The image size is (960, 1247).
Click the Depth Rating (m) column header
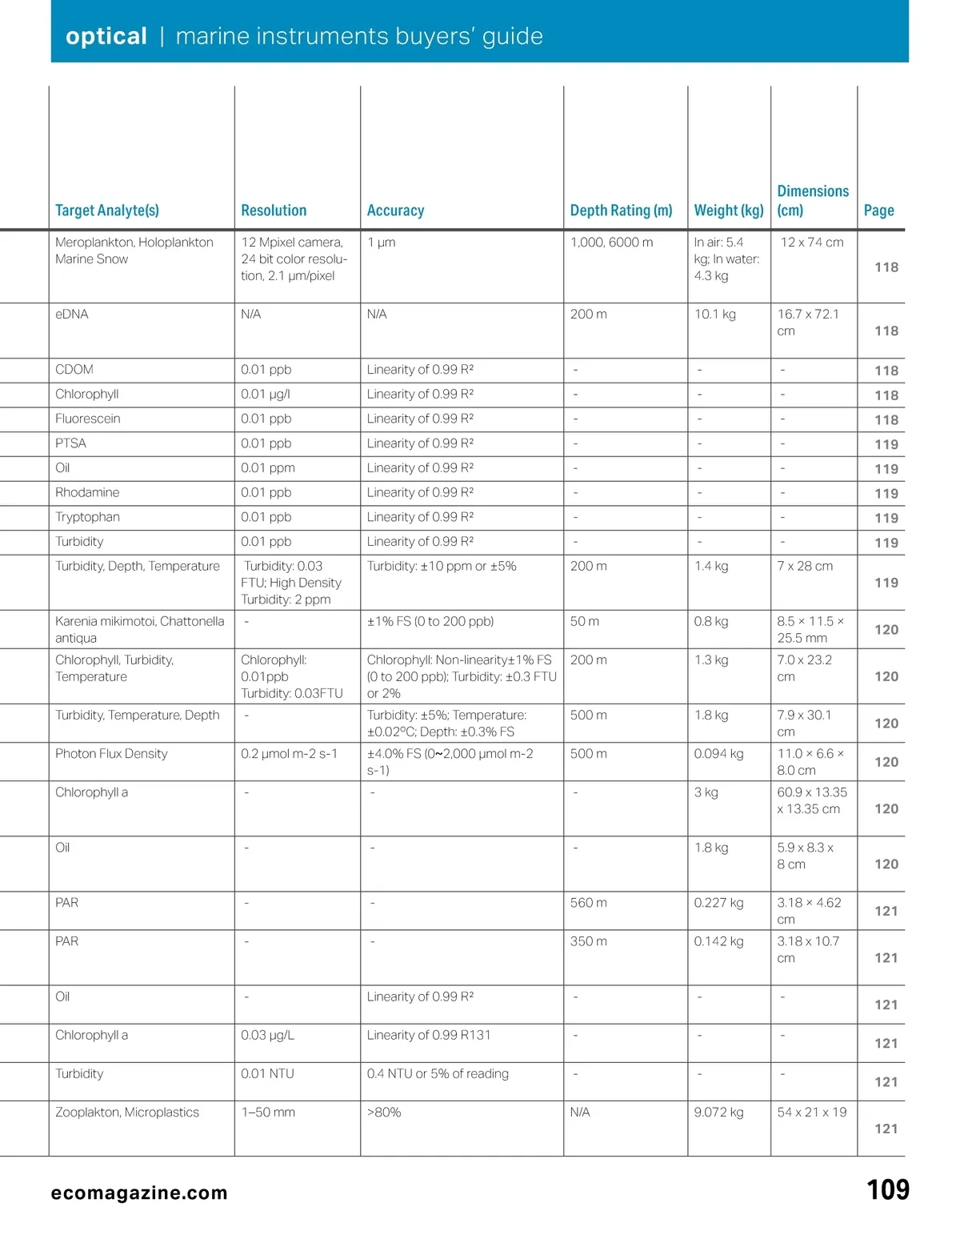point(621,211)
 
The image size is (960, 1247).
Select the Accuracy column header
point(395,211)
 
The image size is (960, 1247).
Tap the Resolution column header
point(274,211)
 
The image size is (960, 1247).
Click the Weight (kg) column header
point(729,211)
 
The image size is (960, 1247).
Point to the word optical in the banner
point(106,36)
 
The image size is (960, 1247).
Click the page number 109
point(888,1190)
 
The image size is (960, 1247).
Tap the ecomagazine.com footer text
point(139,1193)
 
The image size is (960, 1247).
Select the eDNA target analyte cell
point(72,315)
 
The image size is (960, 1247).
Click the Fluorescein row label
point(88,419)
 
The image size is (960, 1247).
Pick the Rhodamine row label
point(87,492)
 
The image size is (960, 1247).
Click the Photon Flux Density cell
point(111,754)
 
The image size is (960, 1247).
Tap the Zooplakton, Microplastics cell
point(127,1113)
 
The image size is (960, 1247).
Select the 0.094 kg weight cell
point(718,754)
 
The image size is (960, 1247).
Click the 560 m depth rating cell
point(588,903)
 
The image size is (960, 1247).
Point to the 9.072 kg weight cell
point(718,1113)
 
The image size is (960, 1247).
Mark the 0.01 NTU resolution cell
point(267,1074)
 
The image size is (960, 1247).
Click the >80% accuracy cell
point(384,1113)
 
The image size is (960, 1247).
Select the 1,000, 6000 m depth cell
point(611,243)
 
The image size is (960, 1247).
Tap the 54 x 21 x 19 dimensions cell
point(811,1113)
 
